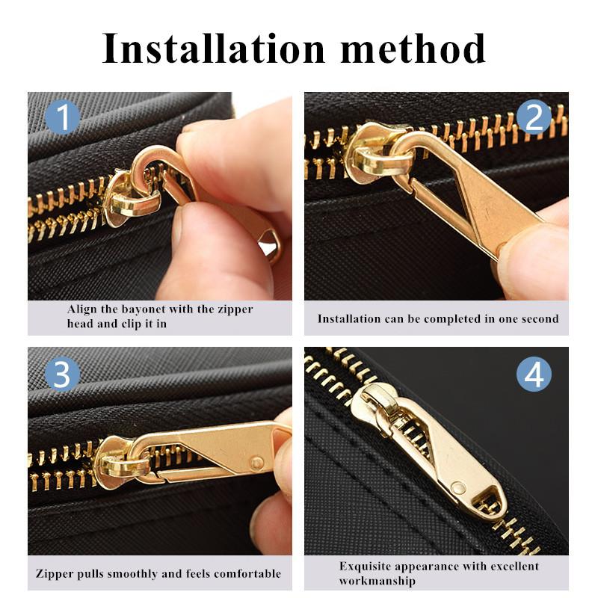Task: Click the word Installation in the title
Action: [x=214, y=49]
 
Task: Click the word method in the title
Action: [x=413, y=49]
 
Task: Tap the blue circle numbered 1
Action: [x=62, y=117]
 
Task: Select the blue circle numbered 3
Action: [x=62, y=373]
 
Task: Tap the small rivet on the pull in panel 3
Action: [x=256, y=463]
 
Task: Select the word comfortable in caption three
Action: [x=243, y=574]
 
